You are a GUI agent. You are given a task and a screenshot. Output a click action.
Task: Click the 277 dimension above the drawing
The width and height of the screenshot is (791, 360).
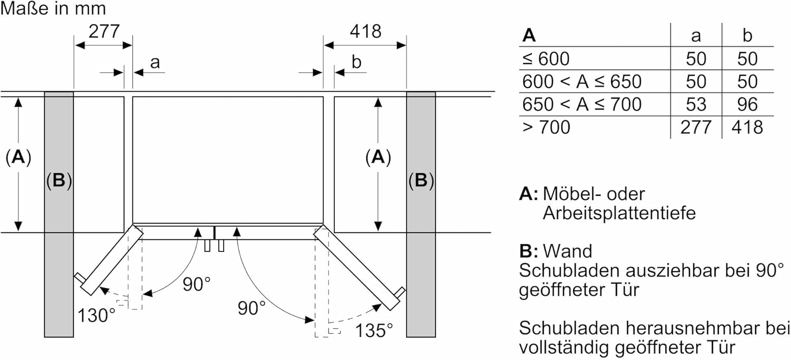point(103,32)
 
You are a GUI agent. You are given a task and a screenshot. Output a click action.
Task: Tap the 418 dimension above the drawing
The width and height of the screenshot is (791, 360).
point(365,32)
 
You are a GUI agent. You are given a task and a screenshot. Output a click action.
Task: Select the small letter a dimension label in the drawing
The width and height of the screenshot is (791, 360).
point(155,63)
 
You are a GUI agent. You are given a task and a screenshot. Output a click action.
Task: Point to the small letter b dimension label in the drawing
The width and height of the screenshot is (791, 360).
point(356,63)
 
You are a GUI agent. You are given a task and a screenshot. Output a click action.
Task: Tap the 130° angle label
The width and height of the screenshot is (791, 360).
point(97,315)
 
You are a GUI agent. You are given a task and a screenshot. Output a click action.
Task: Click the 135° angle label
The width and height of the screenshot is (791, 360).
point(374,330)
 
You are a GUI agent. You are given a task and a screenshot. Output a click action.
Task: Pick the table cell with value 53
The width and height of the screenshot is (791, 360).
point(696,104)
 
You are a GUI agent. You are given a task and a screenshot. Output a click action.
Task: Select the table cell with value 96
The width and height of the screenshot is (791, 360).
point(747,104)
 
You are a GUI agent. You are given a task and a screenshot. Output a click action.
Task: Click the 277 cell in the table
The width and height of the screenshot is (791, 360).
point(696,127)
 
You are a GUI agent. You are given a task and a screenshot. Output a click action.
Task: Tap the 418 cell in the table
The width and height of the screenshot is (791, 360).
point(747,127)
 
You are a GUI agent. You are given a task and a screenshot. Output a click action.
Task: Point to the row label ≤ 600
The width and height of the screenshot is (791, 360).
point(546,59)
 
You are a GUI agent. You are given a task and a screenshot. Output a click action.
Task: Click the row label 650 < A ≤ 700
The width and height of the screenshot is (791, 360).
point(582,104)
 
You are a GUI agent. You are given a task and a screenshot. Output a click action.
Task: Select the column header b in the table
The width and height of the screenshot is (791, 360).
point(747,36)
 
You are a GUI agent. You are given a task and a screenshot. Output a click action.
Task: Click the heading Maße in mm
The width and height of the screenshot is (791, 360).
point(53,8)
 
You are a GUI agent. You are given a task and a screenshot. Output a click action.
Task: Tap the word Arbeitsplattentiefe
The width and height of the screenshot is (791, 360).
point(619,213)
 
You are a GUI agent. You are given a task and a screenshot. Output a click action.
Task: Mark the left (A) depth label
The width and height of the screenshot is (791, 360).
point(18,157)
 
